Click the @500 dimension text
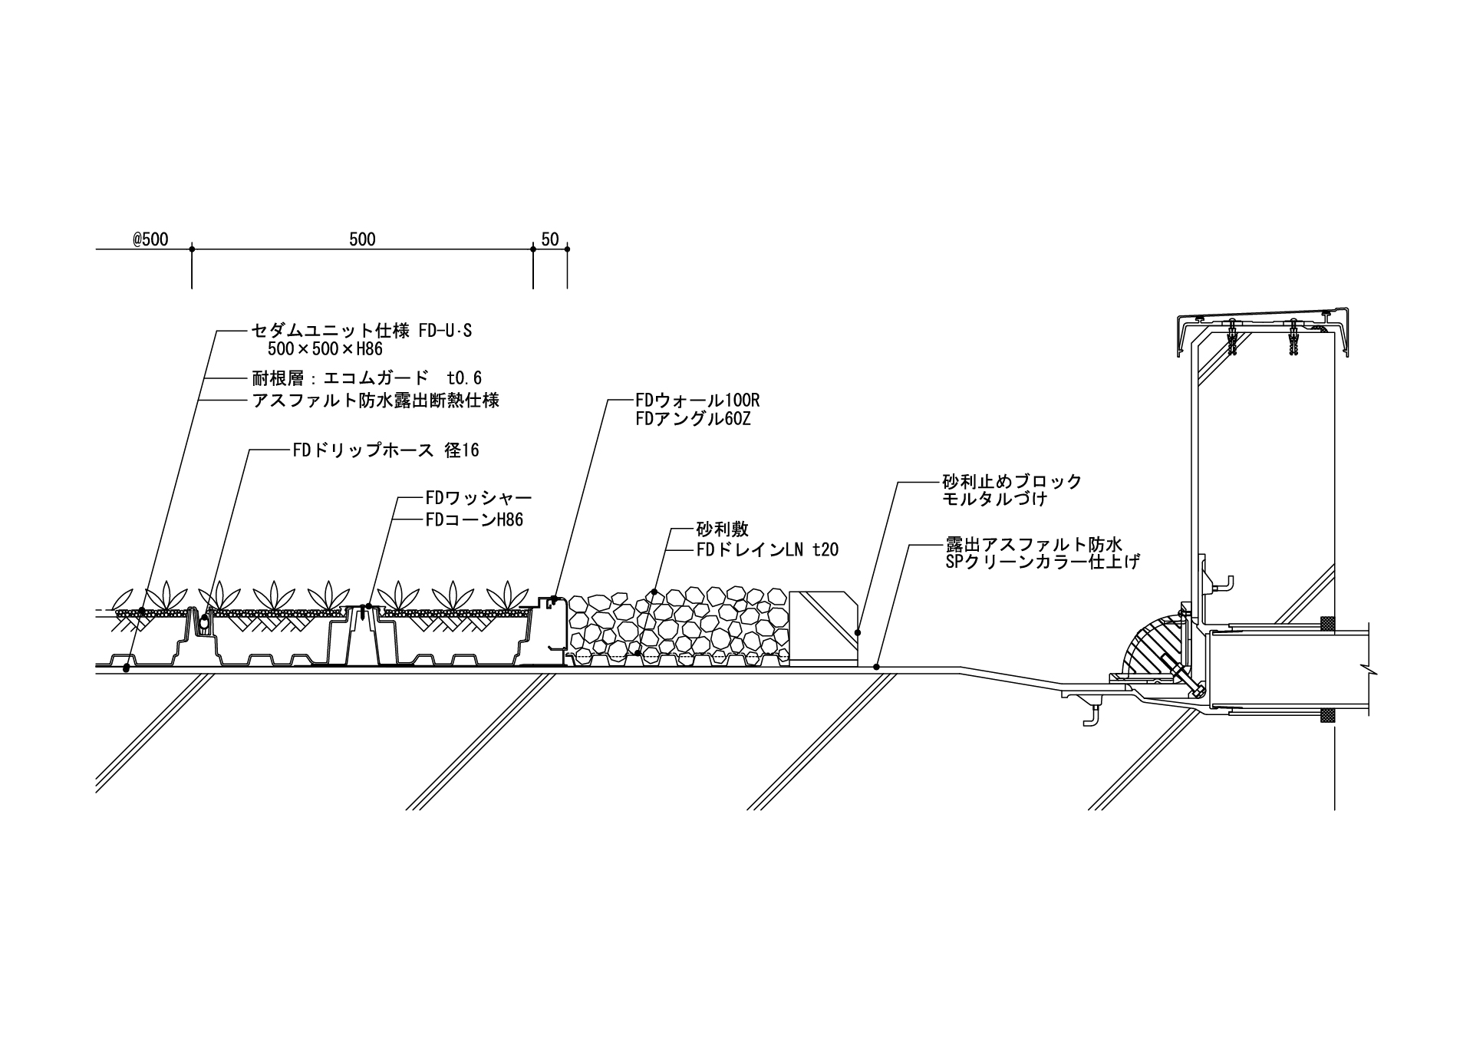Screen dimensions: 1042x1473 pyautogui.click(x=150, y=239)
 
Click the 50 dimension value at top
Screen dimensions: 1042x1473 pyautogui.click(x=550, y=239)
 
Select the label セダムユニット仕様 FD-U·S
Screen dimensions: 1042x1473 pyautogui.click(x=362, y=331)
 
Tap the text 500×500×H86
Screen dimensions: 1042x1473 pyautogui.click(x=325, y=349)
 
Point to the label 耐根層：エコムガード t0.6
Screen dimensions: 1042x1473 pyautogui.click(x=367, y=378)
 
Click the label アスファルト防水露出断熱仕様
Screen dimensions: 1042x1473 pyautogui.click(x=376, y=401)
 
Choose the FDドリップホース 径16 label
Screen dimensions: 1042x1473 pyautogui.click(x=386, y=450)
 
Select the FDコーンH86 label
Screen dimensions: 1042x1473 pyautogui.click(x=474, y=520)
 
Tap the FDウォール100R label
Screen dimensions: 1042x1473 pyautogui.click(x=697, y=401)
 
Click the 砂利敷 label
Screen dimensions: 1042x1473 pyautogui.click(x=722, y=529)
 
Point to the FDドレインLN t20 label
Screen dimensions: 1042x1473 pyautogui.click(x=767, y=549)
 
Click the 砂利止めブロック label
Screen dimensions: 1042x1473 pyautogui.click(x=1012, y=482)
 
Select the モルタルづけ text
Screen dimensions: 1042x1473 pyautogui.click(x=995, y=499)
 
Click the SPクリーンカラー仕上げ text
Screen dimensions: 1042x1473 pyautogui.click(x=1043, y=562)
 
